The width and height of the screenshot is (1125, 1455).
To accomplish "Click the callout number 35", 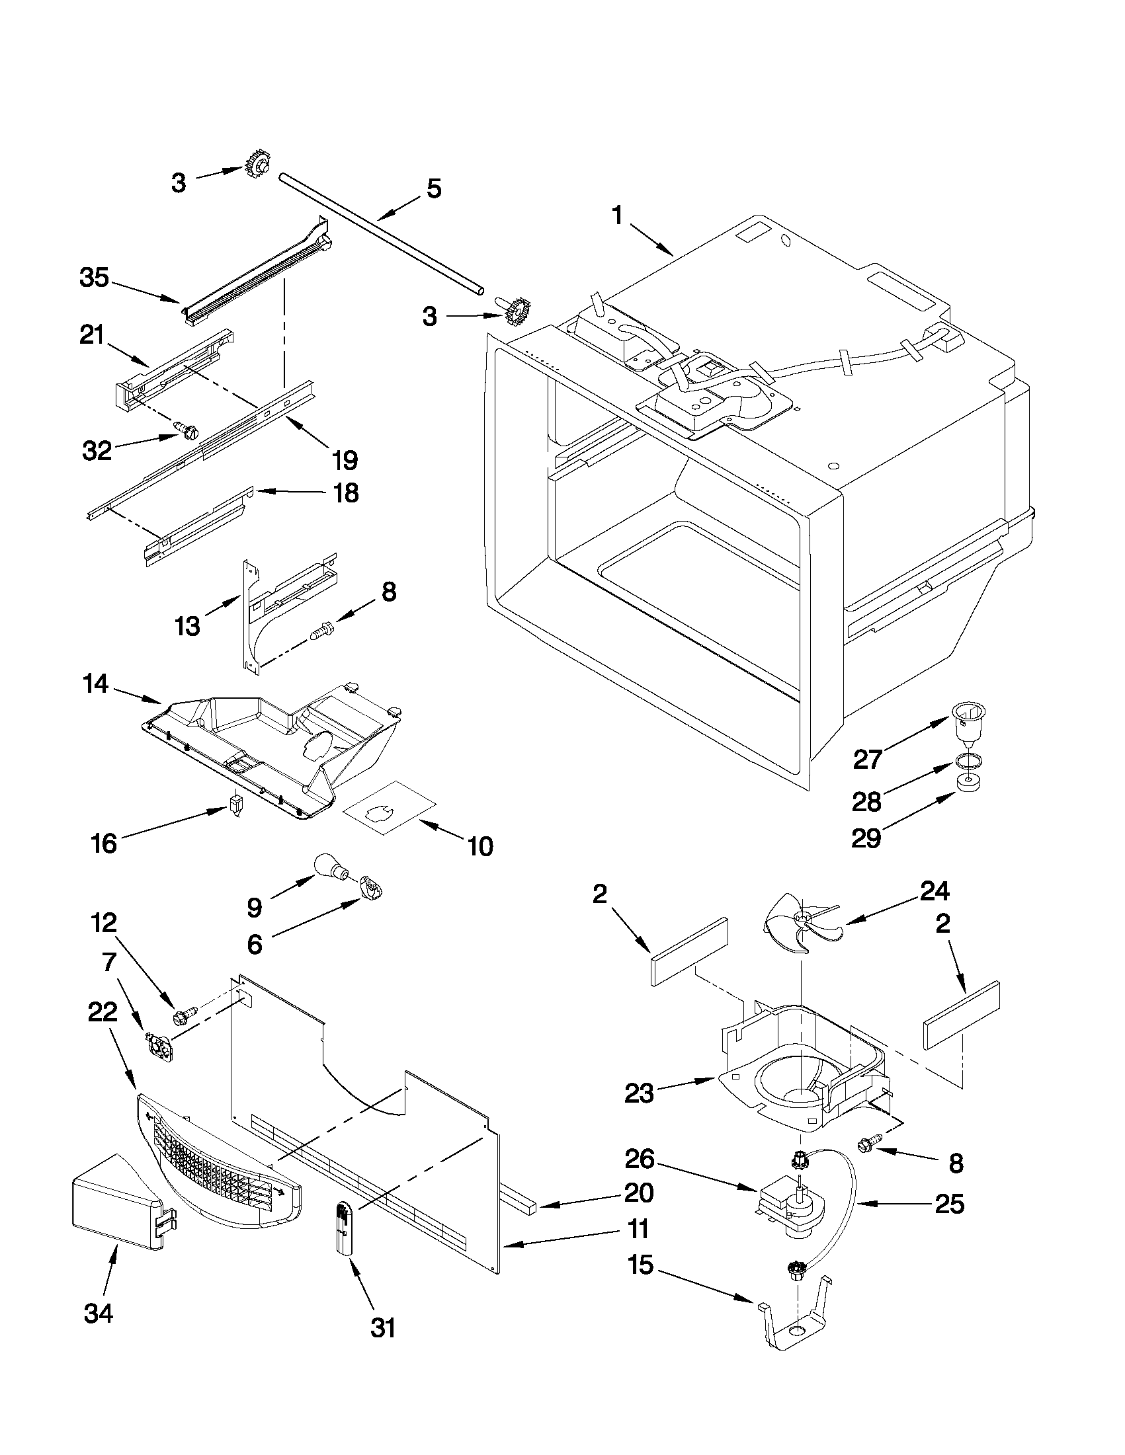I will point(94,278).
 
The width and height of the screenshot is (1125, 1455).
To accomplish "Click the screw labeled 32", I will point(186,429).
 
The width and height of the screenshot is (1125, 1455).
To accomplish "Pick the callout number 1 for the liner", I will point(618,217).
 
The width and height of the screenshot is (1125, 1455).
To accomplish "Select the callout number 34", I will point(99,1313).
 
